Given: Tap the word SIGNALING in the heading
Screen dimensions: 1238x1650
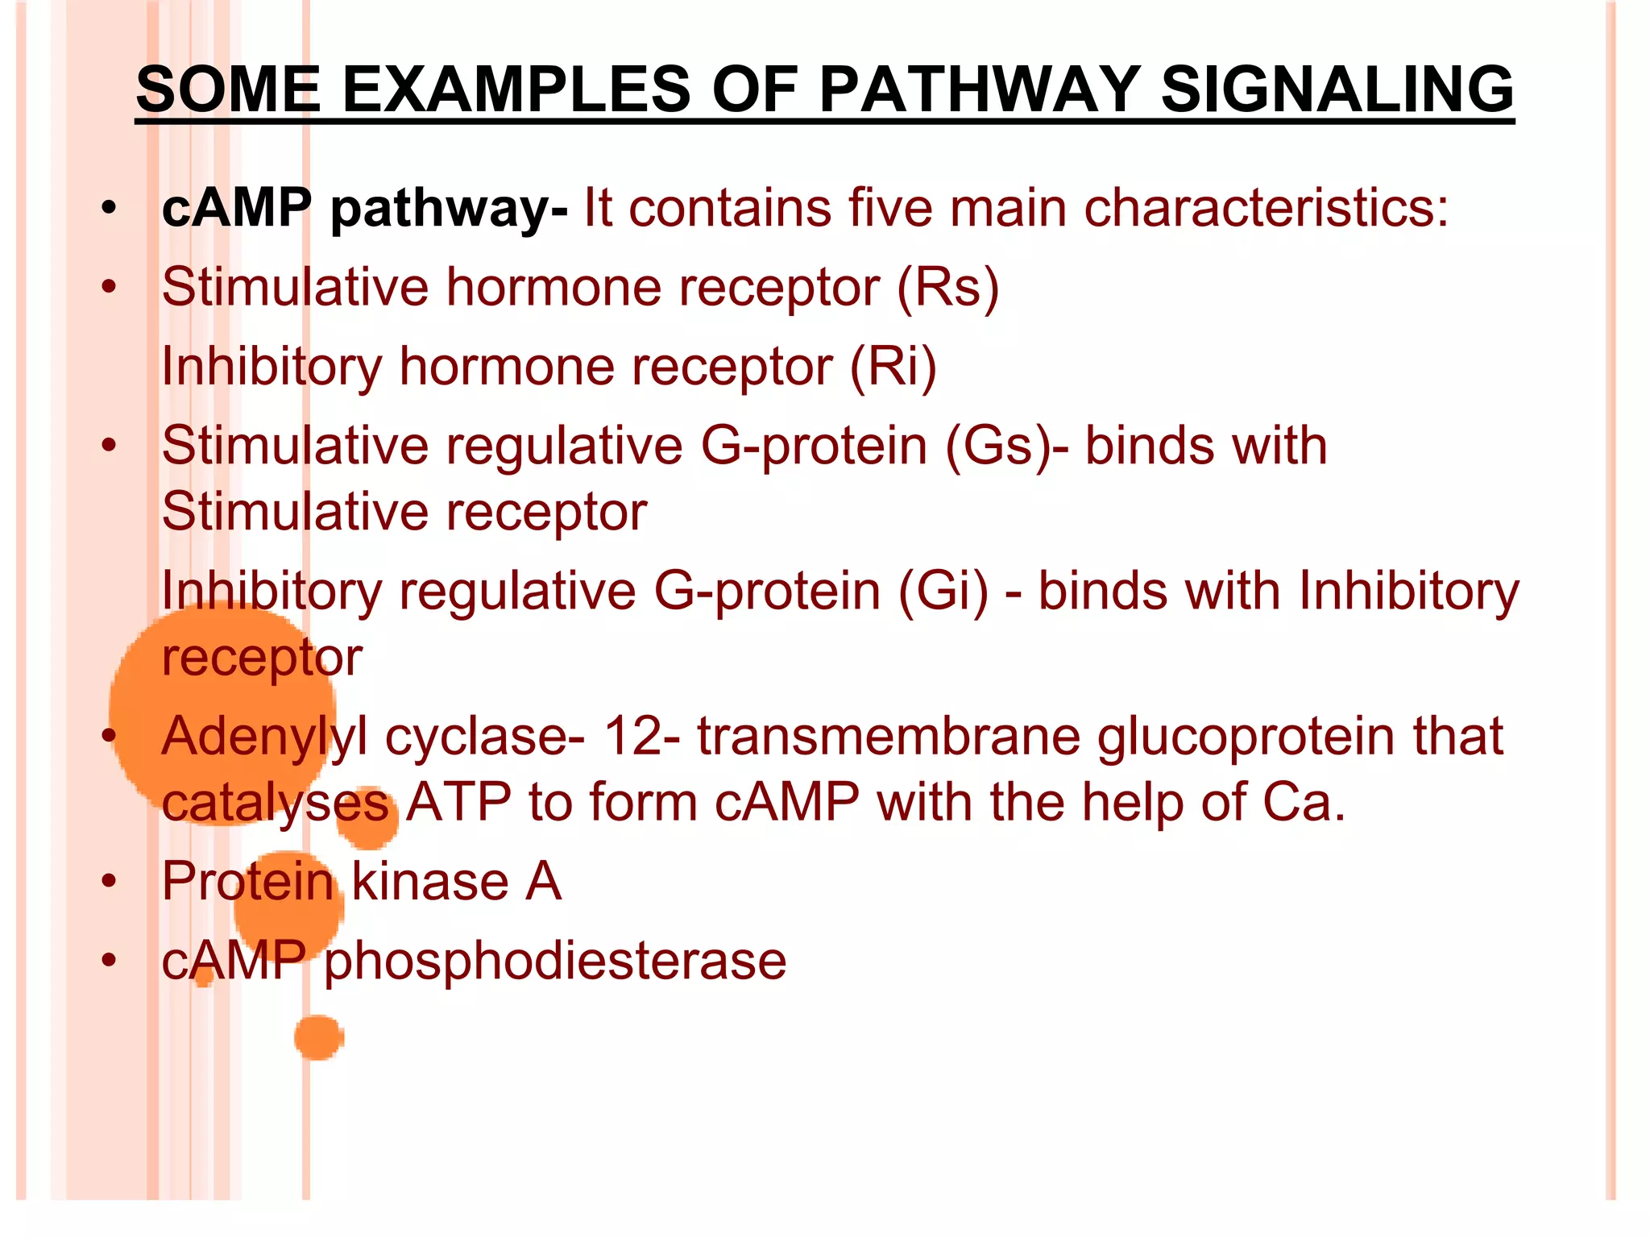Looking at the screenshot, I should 1337,89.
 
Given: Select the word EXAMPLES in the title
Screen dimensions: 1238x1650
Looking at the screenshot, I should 516,89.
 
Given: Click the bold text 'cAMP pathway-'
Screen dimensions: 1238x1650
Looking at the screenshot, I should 364,208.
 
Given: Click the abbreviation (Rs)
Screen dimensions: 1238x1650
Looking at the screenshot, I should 947,288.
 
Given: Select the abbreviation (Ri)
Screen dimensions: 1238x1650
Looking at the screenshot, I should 893,367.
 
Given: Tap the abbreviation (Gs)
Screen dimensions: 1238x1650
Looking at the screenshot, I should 997,446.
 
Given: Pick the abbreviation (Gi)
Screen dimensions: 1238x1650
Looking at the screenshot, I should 943,591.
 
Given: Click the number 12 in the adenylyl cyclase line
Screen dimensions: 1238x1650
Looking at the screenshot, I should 633,736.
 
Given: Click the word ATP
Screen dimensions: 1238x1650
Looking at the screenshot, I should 458,802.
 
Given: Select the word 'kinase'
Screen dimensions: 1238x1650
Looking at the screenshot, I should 429,881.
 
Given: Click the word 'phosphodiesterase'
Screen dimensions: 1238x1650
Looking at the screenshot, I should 555,961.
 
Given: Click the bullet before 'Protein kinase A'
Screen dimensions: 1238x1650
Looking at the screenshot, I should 109,881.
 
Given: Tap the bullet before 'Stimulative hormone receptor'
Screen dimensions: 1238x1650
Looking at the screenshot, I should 109,288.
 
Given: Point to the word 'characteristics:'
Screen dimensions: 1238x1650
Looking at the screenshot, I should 1266,208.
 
